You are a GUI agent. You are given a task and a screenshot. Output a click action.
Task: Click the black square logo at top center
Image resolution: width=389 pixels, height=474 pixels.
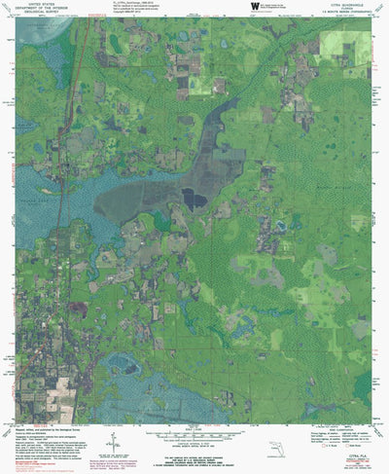click(254, 6)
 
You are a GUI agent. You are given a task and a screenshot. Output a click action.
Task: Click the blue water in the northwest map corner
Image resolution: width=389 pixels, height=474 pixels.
click(39, 29)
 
